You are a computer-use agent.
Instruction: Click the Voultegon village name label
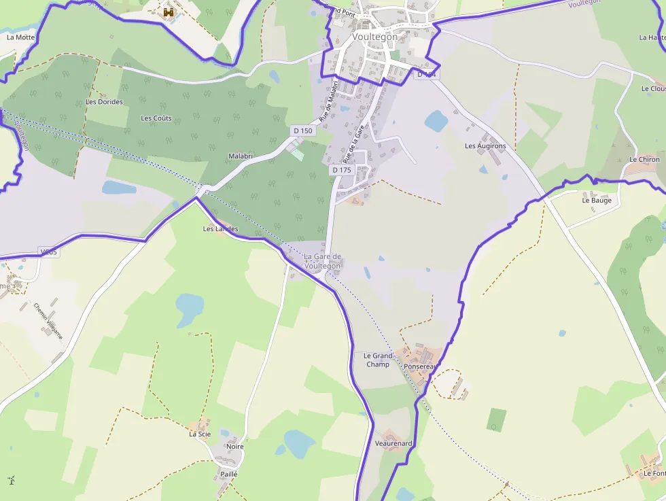374,37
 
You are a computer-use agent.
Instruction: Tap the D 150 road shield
302,131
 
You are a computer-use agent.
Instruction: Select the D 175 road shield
341,170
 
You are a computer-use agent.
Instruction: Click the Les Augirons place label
485,146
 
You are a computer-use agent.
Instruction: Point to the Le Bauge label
597,201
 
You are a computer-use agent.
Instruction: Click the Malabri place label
241,156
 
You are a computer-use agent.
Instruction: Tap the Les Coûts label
156,118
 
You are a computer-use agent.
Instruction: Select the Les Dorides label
105,102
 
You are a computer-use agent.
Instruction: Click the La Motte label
20,37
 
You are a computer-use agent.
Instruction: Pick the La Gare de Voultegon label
322,261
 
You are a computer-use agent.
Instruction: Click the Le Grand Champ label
378,360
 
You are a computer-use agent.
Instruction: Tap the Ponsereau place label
419,366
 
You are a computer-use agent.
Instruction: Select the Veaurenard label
393,443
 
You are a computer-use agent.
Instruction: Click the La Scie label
200,434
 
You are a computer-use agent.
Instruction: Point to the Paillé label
229,473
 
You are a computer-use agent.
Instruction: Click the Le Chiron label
644,160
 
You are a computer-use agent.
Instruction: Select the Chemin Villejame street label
48,320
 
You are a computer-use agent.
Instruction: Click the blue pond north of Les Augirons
436,121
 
